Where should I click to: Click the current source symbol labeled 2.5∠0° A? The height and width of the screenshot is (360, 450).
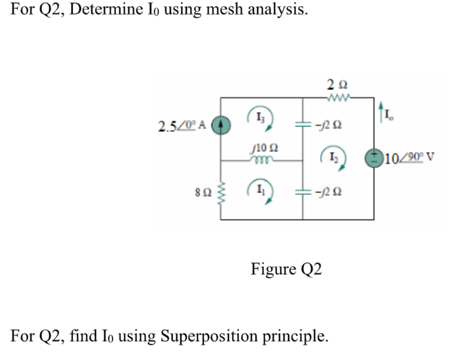point(220,124)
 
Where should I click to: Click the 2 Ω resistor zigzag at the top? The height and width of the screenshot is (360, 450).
point(337,97)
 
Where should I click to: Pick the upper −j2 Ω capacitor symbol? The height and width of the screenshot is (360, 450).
point(302,125)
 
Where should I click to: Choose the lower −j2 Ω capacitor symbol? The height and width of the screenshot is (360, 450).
point(302,191)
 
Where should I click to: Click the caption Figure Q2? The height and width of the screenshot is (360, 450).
point(286,269)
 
